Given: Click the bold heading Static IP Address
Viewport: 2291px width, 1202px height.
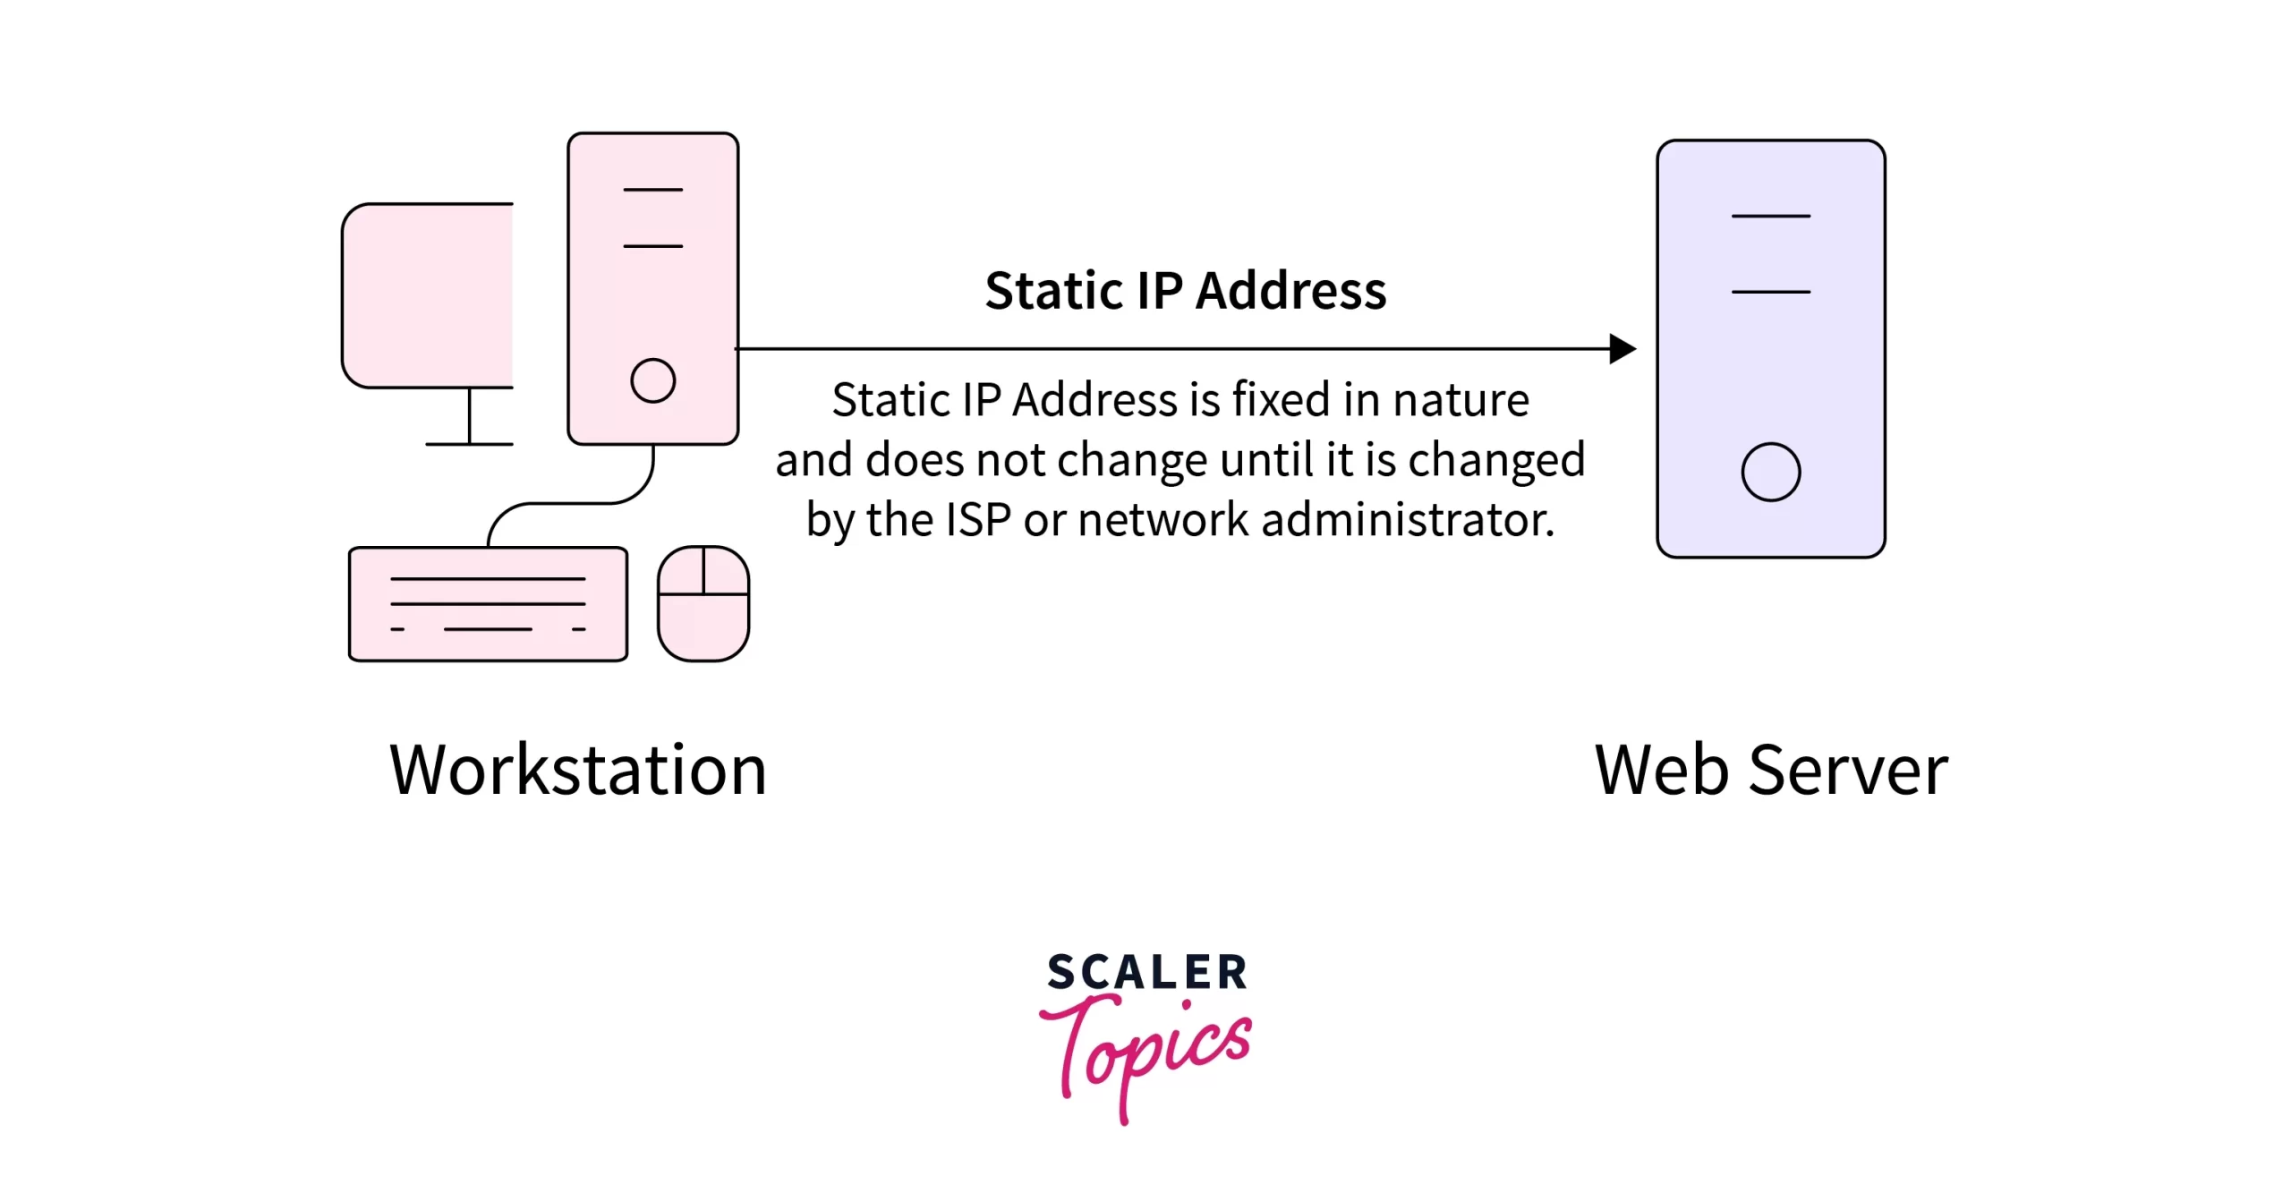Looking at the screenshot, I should tap(1185, 291).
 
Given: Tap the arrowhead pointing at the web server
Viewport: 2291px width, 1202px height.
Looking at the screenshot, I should tap(1622, 349).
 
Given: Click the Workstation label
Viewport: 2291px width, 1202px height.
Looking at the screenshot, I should tap(578, 770).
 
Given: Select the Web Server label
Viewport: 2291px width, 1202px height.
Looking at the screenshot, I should tap(1771, 770).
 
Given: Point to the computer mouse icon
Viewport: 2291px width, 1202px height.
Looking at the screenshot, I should tap(703, 604).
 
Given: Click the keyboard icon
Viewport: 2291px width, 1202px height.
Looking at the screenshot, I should tap(488, 604).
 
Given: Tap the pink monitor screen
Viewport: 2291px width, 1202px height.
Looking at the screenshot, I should tap(428, 295).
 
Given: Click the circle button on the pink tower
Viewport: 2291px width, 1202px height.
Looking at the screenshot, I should tap(652, 380).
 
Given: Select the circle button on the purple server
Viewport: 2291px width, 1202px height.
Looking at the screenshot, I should tap(1770, 472).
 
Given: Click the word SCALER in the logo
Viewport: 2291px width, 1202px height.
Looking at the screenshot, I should tap(1147, 973).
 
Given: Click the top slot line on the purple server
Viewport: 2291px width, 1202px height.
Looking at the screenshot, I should tap(1770, 217).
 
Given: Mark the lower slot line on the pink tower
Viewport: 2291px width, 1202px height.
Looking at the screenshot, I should tap(652, 246).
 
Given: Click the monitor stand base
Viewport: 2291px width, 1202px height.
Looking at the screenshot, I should tap(469, 444).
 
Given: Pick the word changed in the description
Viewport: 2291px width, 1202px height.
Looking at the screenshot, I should tap(1496, 460).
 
